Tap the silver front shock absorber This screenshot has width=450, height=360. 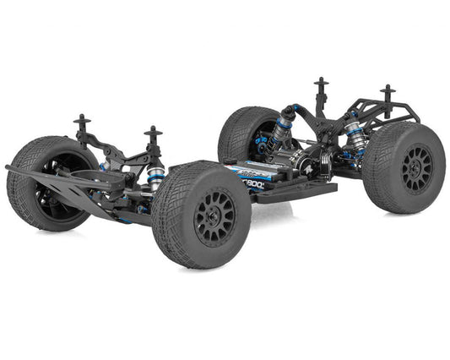155,176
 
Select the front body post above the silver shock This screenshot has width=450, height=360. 154,138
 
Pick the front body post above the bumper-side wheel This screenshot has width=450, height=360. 82,126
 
